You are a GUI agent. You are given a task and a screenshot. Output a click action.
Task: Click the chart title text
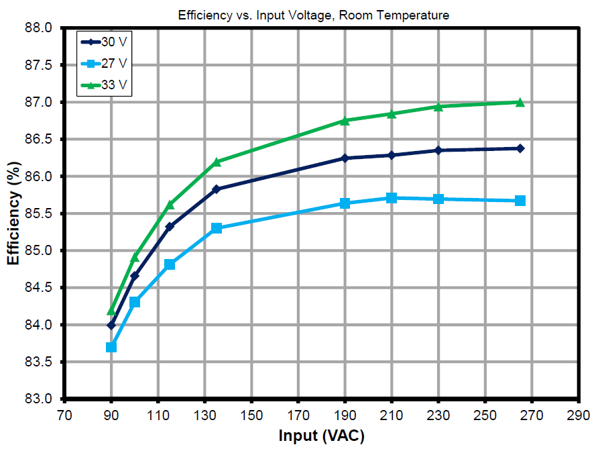pos(313,15)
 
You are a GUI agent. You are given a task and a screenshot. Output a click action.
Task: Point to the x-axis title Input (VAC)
pos(322,437)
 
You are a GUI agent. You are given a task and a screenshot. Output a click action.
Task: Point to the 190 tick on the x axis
pos(345,415)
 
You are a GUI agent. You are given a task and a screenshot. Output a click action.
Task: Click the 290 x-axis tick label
pos(579,415)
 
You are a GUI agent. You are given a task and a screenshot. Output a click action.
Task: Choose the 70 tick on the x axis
pos(64,415)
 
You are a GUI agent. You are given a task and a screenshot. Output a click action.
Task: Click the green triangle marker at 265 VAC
pos(520,102)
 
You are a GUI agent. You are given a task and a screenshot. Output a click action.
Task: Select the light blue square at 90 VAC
pos(111,347)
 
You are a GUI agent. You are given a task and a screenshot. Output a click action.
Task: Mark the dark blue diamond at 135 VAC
pos(217,189)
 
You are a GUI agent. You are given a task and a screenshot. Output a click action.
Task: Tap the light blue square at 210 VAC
pos(392,198)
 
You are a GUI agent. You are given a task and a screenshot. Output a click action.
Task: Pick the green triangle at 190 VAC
pos(345,121)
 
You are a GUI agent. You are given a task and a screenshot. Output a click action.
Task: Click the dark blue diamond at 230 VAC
pos(438,150)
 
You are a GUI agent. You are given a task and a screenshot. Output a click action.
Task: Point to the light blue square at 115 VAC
pos(170,264)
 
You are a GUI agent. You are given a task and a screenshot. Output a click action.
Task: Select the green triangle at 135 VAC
pos(217,162)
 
